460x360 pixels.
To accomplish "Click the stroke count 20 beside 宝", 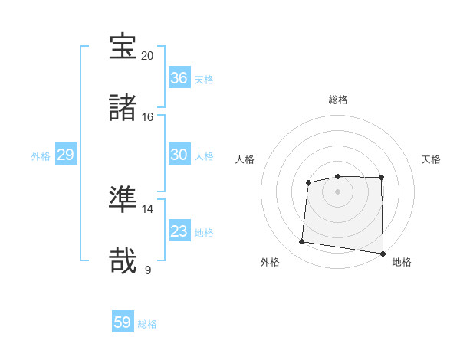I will point(148,56).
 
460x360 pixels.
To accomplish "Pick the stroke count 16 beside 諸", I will point(148,117).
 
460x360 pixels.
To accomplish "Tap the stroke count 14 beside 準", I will point(148,209).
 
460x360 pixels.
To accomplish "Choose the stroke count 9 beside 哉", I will point(148,270).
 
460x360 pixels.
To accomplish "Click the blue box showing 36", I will point(179,78).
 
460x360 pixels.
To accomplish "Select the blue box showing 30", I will point(179,155).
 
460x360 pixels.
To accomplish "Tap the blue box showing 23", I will point(179,231).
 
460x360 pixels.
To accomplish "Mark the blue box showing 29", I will point(65,155).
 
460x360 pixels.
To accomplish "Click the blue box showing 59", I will point(123,322).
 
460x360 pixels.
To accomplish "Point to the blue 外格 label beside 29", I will point(41,155).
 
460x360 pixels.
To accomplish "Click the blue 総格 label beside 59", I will point(147,324).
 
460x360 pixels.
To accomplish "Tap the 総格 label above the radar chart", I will point(338,100).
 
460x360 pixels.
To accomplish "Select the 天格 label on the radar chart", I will point(432,159).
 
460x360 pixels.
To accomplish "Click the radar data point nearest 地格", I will point(383,254).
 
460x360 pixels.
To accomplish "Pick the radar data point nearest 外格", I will point(302,242).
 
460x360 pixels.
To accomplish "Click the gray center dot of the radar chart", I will point(338,191).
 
